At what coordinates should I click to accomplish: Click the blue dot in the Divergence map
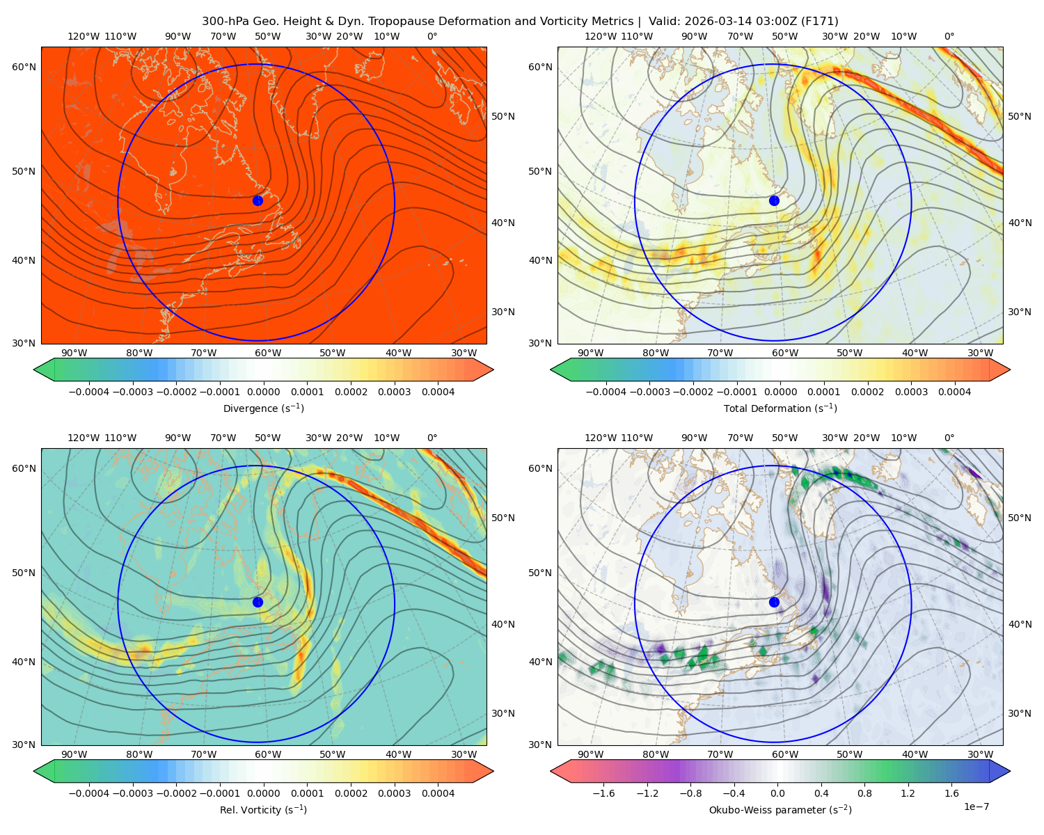point(258,200)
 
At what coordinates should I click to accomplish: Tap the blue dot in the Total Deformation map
point(774,200)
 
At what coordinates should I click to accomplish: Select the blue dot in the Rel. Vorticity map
point(258,602)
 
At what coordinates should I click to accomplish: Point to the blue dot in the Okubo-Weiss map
point(774,602)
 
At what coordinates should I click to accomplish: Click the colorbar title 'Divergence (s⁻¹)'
point(263,408)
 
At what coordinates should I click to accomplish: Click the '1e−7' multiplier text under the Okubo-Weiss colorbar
point(976,806)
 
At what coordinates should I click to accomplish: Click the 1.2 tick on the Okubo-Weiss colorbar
point(908,793)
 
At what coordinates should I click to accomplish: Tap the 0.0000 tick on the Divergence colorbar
point(263,392)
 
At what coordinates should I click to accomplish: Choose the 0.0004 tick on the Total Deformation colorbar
point(954,392)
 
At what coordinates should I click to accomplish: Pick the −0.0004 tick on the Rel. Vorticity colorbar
point(89,793)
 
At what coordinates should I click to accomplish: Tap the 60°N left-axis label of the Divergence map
point(24,67)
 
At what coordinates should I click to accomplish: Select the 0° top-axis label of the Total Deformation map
point(949,36)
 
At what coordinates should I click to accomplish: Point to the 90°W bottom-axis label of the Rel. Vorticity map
point(74,754)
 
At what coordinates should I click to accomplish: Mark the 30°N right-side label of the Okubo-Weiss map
point(1019,713)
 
